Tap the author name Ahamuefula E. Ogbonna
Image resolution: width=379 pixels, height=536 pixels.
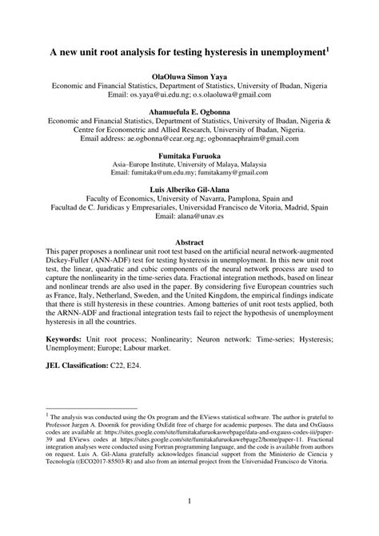(189, 110)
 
